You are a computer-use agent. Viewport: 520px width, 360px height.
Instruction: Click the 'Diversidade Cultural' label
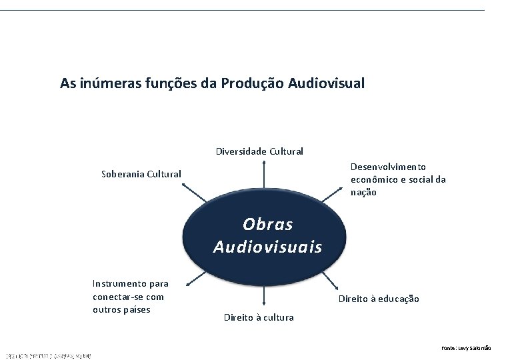[259, 151]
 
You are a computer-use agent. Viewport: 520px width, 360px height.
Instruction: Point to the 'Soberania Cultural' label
[141, 174]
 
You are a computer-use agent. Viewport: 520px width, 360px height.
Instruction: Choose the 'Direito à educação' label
[379, 299]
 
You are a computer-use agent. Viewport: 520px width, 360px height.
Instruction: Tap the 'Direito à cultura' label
[258, 317]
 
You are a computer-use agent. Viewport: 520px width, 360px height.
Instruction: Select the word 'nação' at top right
[363, 192]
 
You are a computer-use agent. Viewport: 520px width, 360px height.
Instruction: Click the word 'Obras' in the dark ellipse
[267, 224]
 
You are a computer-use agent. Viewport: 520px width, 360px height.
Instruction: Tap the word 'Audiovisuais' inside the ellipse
[267, 247]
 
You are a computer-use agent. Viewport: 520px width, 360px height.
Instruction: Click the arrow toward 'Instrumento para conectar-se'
[198, 279]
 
